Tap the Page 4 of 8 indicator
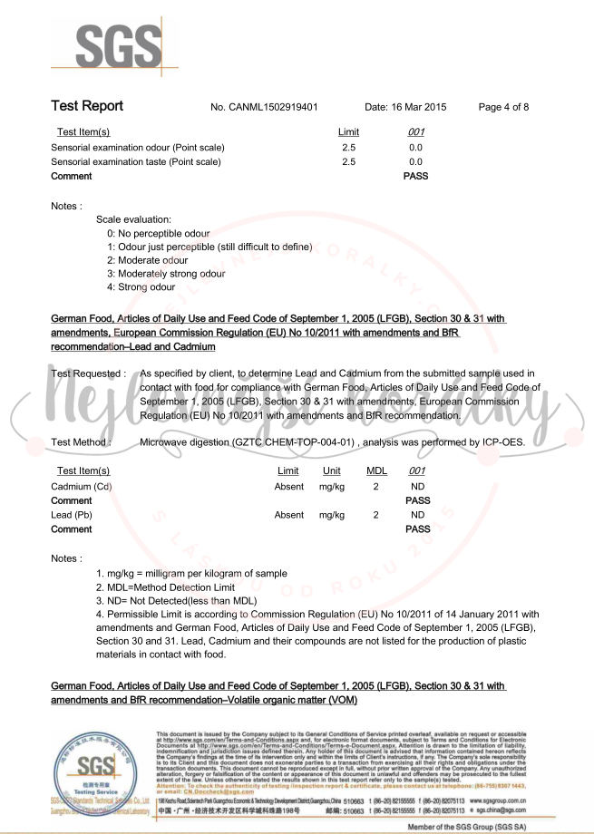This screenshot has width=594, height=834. [x=503, y=107]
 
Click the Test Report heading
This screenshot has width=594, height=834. [x=87, y=106]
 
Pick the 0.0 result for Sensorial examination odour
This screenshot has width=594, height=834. [x=415, y=147]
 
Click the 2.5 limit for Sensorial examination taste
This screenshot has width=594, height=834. [x=348, y=161]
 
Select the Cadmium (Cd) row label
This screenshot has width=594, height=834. [x=82, y=487]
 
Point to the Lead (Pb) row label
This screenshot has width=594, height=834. [x=74, y=515]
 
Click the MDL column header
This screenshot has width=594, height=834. [x=376, y=471]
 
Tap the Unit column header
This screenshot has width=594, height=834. [x=332, y=471]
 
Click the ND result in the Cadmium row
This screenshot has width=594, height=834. [x=417, y=487]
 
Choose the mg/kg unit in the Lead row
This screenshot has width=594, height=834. [x=332, y=515]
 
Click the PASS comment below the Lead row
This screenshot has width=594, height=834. [x=417, y=529]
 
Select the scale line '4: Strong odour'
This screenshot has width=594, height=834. [x=141, y=287]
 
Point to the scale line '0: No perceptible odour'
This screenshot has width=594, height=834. [x=158, y=233]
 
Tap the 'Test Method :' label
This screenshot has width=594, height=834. [x=81, y=442]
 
